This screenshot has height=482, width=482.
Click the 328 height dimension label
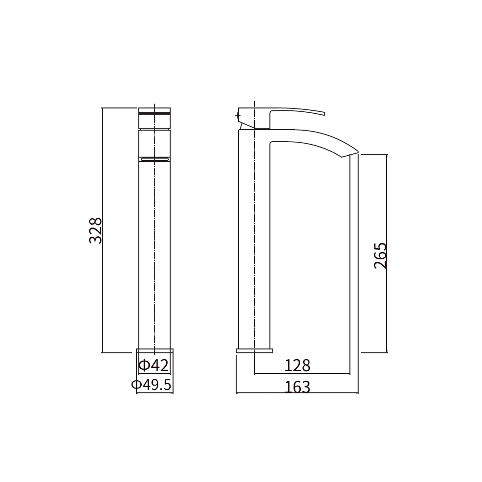click(x=95, y=230)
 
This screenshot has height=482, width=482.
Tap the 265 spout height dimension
click(x=380, y=256)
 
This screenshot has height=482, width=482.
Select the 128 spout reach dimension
click(x=297, y=365)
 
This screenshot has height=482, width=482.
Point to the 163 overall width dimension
click(x=297, y=387)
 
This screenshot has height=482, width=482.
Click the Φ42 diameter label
click(x=154, y=365)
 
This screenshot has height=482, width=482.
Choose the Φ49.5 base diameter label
click(x=151, y=385)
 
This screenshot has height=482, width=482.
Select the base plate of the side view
click(x=254, y=351)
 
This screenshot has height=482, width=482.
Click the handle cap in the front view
click(x=154, y=118)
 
